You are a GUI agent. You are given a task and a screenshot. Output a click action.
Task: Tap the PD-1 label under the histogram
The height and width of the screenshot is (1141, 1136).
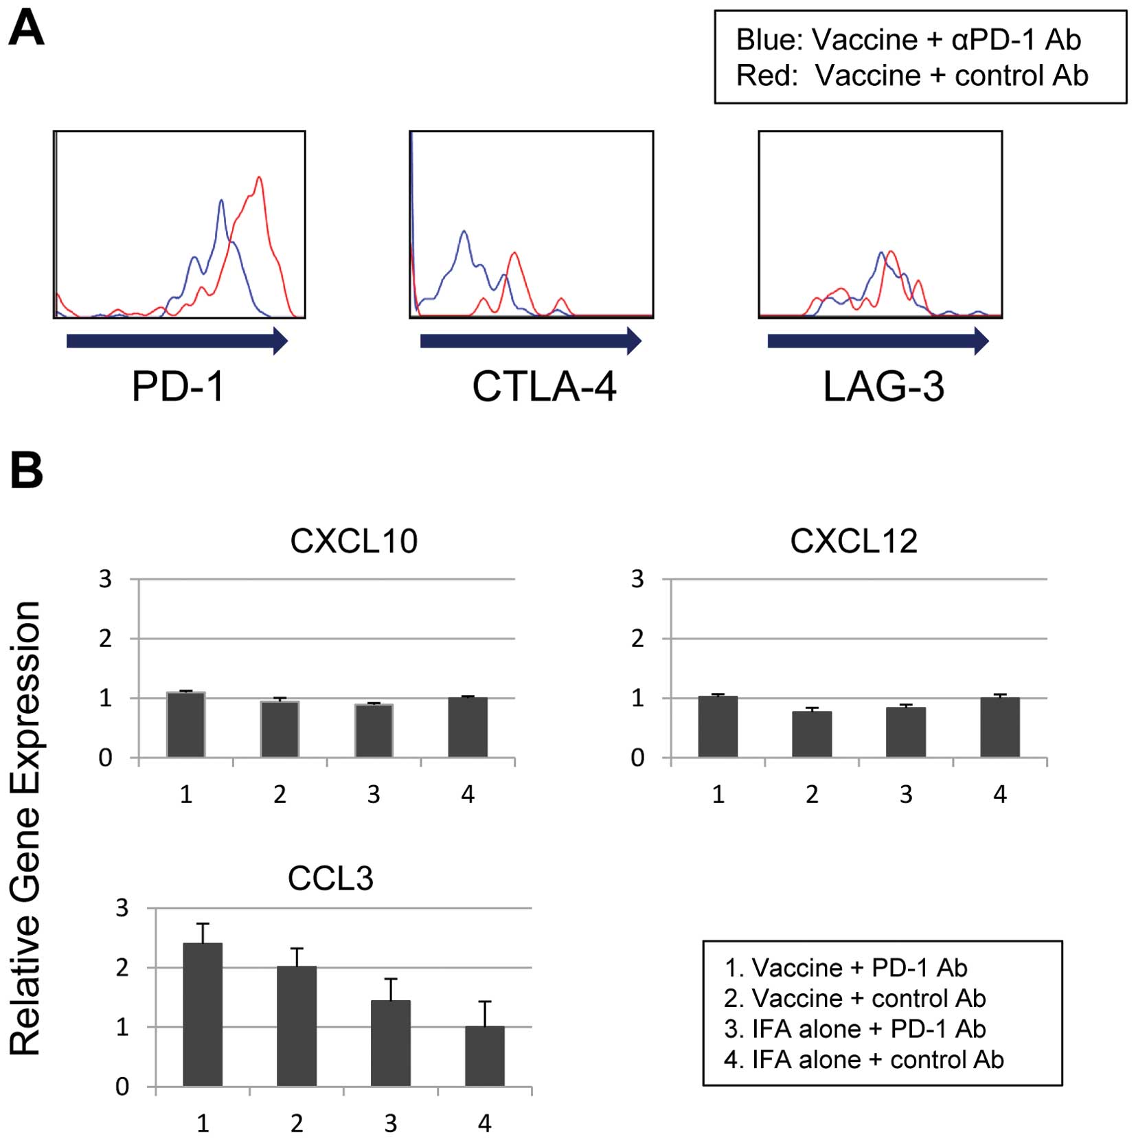point(178,387)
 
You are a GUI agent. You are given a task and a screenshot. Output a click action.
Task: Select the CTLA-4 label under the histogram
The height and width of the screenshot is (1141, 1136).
point(544,387)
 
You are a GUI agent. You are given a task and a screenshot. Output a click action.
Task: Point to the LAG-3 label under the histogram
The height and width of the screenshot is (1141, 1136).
point(883,387)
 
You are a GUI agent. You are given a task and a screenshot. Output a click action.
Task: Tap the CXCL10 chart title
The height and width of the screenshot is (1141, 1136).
point(354,541)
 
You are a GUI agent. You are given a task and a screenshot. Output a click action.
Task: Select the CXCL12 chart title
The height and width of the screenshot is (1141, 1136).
point(854,541)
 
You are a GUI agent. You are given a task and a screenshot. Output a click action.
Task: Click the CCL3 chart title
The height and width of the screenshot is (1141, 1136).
point(330,879)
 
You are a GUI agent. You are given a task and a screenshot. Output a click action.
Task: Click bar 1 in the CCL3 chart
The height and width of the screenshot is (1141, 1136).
point(203,1014)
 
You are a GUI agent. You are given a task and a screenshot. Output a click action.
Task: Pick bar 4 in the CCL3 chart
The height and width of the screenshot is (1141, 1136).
point(484,1056)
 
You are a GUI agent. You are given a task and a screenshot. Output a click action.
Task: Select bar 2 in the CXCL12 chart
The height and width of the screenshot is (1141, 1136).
point(812,734)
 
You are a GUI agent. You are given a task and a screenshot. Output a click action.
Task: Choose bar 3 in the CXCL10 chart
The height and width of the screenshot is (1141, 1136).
point(374,731)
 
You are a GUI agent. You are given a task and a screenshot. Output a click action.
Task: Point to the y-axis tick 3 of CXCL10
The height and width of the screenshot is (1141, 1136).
point(105,580)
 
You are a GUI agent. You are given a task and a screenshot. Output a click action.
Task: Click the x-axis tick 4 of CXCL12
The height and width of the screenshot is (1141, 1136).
point(1000,795)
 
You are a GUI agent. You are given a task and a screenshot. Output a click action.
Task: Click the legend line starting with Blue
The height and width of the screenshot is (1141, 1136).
point(908,40)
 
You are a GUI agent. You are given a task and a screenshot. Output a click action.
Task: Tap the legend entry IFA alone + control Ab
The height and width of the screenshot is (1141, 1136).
point(864,1060)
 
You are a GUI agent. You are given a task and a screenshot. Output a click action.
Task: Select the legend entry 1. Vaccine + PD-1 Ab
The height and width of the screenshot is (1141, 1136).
point(846,968)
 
